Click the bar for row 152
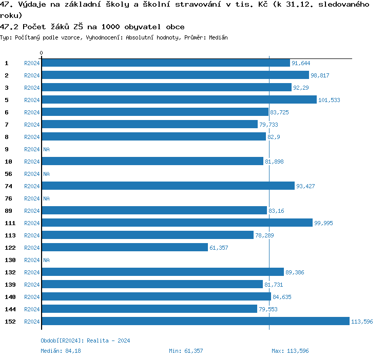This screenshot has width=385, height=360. point(195,322)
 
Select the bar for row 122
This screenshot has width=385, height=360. point(125,248)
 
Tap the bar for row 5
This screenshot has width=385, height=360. point(179,100)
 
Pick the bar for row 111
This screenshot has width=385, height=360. point(177,223)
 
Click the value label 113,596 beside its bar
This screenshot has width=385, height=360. point(361,322)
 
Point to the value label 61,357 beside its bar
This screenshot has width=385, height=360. point(219,248)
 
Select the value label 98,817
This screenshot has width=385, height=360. point(320,75)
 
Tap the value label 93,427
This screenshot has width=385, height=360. point(305,186)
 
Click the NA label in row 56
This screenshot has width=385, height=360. point(46,174)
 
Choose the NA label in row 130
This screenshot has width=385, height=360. point(46,260)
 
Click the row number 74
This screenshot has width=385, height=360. point(8,186)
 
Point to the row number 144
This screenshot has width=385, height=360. point(10,309)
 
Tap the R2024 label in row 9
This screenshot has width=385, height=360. point(32,149)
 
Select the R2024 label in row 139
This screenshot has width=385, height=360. point(32,285)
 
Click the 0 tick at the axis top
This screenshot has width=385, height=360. point(42,53)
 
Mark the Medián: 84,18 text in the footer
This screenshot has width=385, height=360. point(61,351)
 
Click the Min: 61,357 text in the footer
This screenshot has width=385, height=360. point(186,351)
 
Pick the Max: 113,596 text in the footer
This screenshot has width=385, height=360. point(290,351)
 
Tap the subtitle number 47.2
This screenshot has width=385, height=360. point(9,27)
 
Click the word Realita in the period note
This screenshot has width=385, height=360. point(98,341)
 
